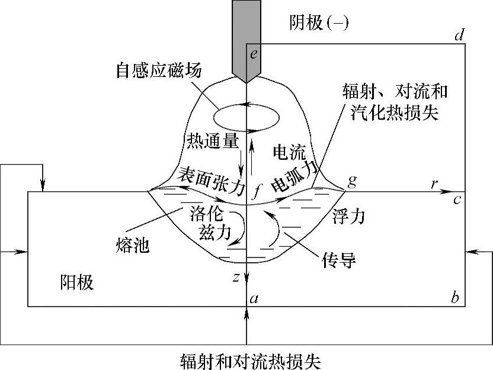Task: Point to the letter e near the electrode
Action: pyautogui.click(x=254, y=55)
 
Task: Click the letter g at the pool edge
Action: pyautogui.click(x=353, y=181)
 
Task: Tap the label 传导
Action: pyautogui.click(x=339, y=259)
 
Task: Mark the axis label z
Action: pyautogui.click(x=237, y=276)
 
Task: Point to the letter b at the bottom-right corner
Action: pyautogui.click(x=455, y=298)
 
